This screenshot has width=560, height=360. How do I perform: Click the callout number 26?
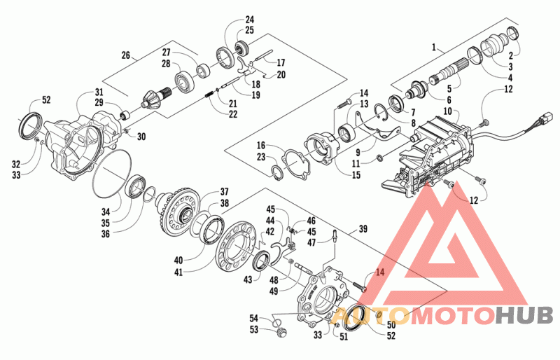point(126,55)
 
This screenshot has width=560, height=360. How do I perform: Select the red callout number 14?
point(380,272)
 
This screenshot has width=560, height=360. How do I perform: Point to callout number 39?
point(363,229)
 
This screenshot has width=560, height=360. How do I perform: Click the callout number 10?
point(447,111)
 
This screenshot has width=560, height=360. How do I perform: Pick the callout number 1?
point(434,47)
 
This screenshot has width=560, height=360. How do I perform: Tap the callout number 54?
point(253,318)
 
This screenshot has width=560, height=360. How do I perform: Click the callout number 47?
point(311,243)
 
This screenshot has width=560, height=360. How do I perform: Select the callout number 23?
point(261,157)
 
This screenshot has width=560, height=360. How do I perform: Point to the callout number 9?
point(358,153)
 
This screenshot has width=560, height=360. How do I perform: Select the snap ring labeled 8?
point(382,106)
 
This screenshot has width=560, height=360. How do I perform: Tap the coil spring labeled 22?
point(210,95)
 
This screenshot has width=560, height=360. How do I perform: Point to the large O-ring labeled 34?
point(95,186)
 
